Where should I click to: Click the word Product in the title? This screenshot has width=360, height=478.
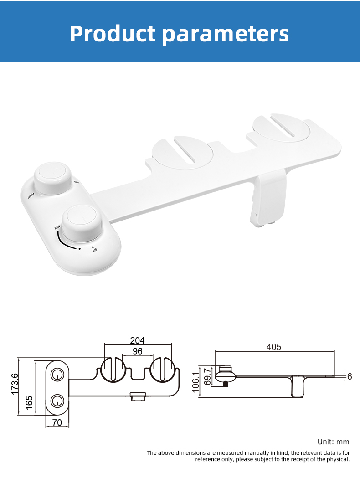click(x=112, y=34)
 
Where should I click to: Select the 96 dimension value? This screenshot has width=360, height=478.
click(x=137, y=351)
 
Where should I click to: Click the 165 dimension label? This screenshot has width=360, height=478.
click(x=29, y=402)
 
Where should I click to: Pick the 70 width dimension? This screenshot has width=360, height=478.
click(x=57, y=422)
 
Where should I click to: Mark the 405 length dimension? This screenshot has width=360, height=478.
click(x=274, y=347)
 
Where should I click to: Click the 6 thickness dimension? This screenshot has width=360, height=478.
click(x=349, y=376)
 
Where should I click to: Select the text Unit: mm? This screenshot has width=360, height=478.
click(x=333, y=442)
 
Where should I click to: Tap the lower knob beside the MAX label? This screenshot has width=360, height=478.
click(x=82, y=223)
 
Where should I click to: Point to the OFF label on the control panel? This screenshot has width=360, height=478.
click(x=95, y=249)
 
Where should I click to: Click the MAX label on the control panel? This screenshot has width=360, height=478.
click(x=57, y=226)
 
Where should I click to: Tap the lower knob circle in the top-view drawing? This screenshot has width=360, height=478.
click(x=57, y=401)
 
